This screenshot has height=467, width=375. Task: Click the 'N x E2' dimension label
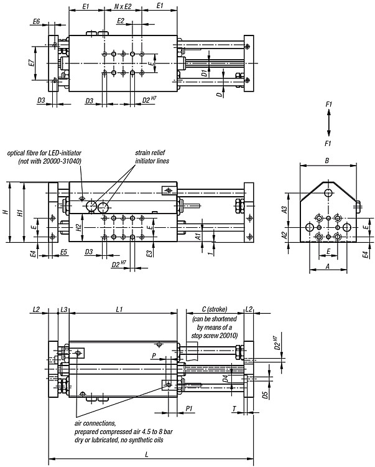pyautogui.click(x=123, y=6)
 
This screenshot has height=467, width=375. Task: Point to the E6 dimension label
pyautogui.click(x=37, y=21)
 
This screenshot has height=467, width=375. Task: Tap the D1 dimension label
pyautogui.click(x=204, y=73)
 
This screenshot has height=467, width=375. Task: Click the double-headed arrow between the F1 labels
pyautogui.click(x=328, y=123)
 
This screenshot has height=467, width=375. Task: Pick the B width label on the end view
pyautogui.click(x=327, y=161)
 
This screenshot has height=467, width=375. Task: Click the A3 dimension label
pyautogui.click(x=285, y=210)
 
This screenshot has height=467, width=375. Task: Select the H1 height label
pyautogui.click(x=20, y=213)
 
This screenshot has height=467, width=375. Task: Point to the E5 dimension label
pyautogui.click(x=63, y=252)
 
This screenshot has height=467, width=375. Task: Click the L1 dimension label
pyautogui.click(x=119, y=309)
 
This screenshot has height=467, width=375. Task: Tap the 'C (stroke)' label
pyautogui.click(x=215, y=309)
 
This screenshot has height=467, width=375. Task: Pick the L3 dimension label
pyautogui.click(x=63, y=309)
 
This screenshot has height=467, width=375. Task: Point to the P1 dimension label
pyautogui.click(x=189, y=408)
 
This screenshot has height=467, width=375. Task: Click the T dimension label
pyautogui.click(x=234, y=408)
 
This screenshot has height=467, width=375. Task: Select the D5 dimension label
pyautogui.click(x=265, y=395)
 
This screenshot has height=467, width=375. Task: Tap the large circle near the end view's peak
pyautogui.click(x=328, y=192)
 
